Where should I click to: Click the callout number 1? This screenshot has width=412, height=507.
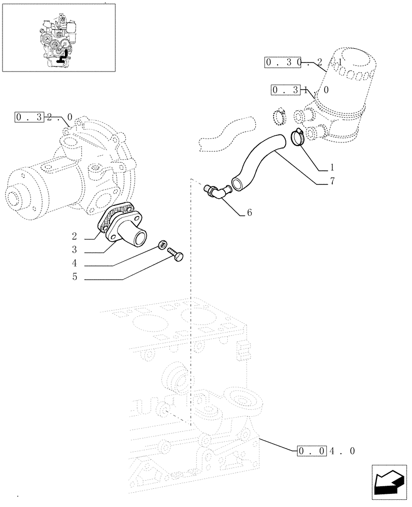[331, 167]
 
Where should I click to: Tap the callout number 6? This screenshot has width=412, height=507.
[249, 213]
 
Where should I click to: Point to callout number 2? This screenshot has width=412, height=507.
[74, 236]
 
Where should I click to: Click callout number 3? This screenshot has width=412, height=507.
[74, 250]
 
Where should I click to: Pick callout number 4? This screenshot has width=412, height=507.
[74, 264]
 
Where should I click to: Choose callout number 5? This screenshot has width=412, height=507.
[74, 278]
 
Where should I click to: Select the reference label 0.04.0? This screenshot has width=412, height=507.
[325, 450]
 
